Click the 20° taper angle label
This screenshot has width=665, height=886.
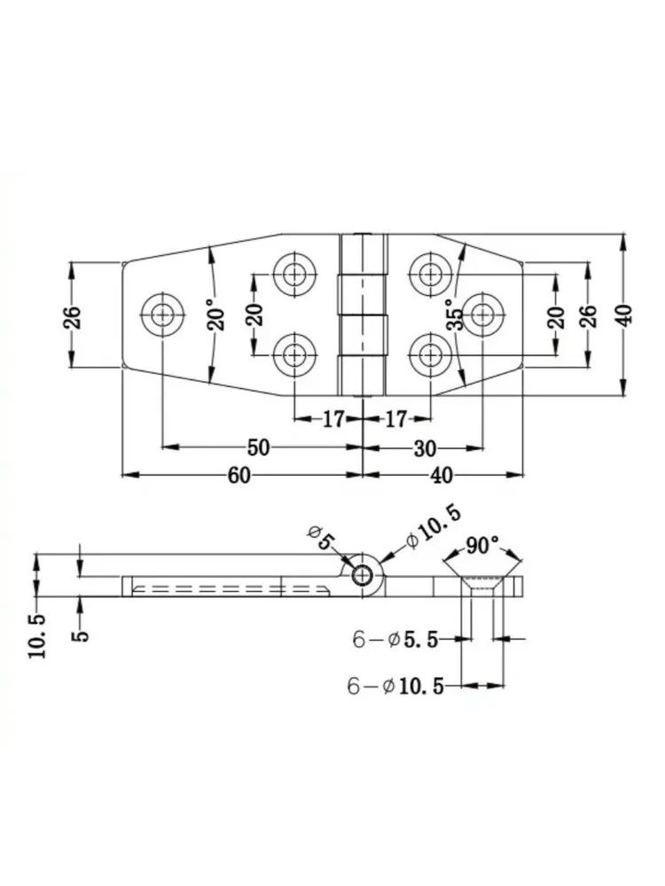coord(216,315)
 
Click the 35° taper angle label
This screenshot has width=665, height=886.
coord(455,315)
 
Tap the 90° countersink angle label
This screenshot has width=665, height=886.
coord(482,546)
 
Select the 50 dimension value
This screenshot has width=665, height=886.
coord(258,447)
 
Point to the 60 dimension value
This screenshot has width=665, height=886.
coord(239,475)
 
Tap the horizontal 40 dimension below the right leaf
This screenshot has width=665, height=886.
coord(441,475)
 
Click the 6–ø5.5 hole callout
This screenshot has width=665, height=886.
coord(395,640)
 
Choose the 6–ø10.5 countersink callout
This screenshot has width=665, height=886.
coord(395,686)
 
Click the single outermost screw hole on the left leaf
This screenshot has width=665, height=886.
coord(163,314)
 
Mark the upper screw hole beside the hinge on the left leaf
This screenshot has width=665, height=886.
coord(294,274)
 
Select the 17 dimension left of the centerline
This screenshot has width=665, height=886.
coord(333,419)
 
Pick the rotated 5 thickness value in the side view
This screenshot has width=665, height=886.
coord(81,635)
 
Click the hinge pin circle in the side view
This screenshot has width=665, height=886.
coord(362,576)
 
